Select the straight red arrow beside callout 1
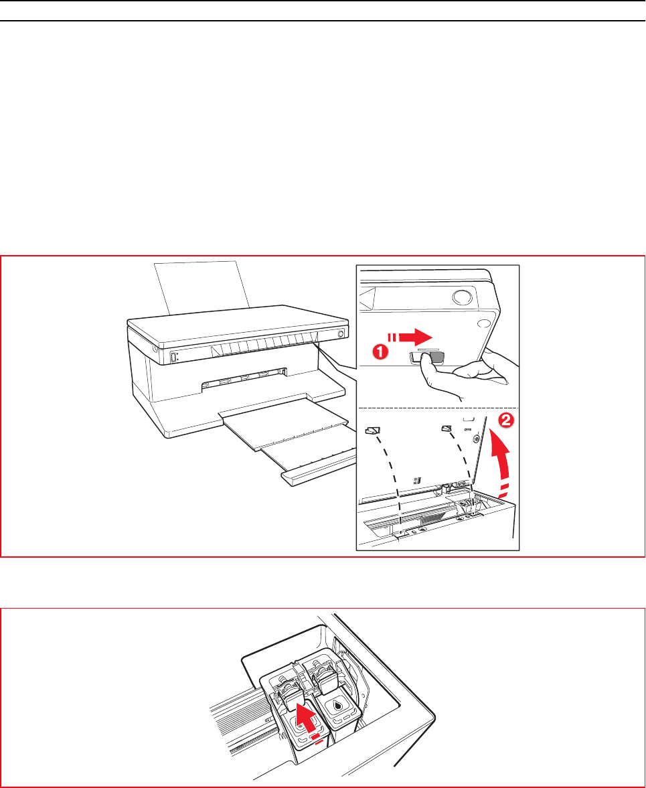pos(409,337)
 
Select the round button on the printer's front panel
pos(341,333)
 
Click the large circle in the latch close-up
pos(462,297)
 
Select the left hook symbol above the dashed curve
pos(373,430)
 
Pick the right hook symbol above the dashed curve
pos(447,428)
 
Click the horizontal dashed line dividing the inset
pos(438,407)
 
